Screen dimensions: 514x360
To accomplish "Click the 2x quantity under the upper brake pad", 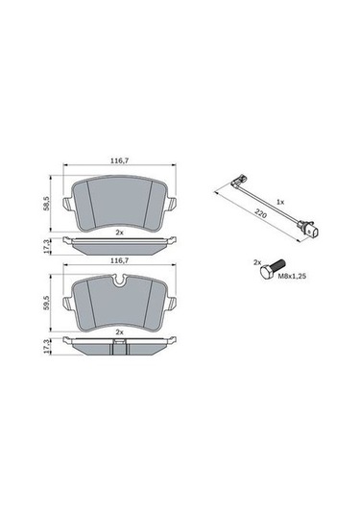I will coord(119,233).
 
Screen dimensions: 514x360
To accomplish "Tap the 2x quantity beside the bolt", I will coord(256,262).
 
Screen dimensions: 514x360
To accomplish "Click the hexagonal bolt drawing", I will coord(272,270).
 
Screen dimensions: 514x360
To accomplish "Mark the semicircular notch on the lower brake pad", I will coord(119,280).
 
